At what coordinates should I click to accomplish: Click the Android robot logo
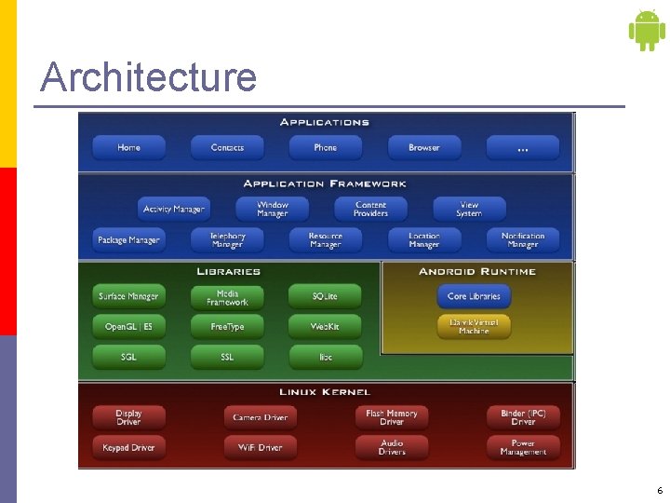pyautogui.click(x=647, y=30)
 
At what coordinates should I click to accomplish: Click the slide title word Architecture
pyautogui.click(x=148, y=76)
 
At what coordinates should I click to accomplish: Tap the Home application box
pyautogui.click(x=129, y=148)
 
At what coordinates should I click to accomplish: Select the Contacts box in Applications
pyautogui.click(x=227, y=148)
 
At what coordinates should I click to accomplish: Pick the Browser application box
pyautogui.click(x=424, y=148)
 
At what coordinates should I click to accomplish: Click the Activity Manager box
pyautogui.click(x=173, y=210)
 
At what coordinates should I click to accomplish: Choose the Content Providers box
pyautogui.click(x=370, y=210)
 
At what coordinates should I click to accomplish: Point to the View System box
pyautogui.click(x=469, y=210)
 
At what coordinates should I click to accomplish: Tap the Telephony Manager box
pyautogui.click(x=227, y=240)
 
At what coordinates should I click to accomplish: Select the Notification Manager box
pyautogui.click(x=523, y=240)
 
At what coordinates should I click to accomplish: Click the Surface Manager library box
pyautogui.click(x=129, y=296)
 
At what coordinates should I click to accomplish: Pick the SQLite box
pyautogui.click(x=325, y=296)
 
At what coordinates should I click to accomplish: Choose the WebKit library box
pyautogui.click(x=325, y=327)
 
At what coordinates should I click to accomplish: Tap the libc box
pyautogui.click(x=325, y=357)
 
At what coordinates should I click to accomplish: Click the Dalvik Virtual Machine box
pyautogui.click(x=475, y=327)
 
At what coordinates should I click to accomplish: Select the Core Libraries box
pyautogui.click(x=475, y=296)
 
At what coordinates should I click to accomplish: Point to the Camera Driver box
pyautogui.click(x=261, y=417)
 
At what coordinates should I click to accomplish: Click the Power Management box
pyautogui.click(x=523, y=447)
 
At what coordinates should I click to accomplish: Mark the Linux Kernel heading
pyautogui.click(x=325, y=392)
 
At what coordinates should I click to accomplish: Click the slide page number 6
pyautogui.click(x=660, y=491)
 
